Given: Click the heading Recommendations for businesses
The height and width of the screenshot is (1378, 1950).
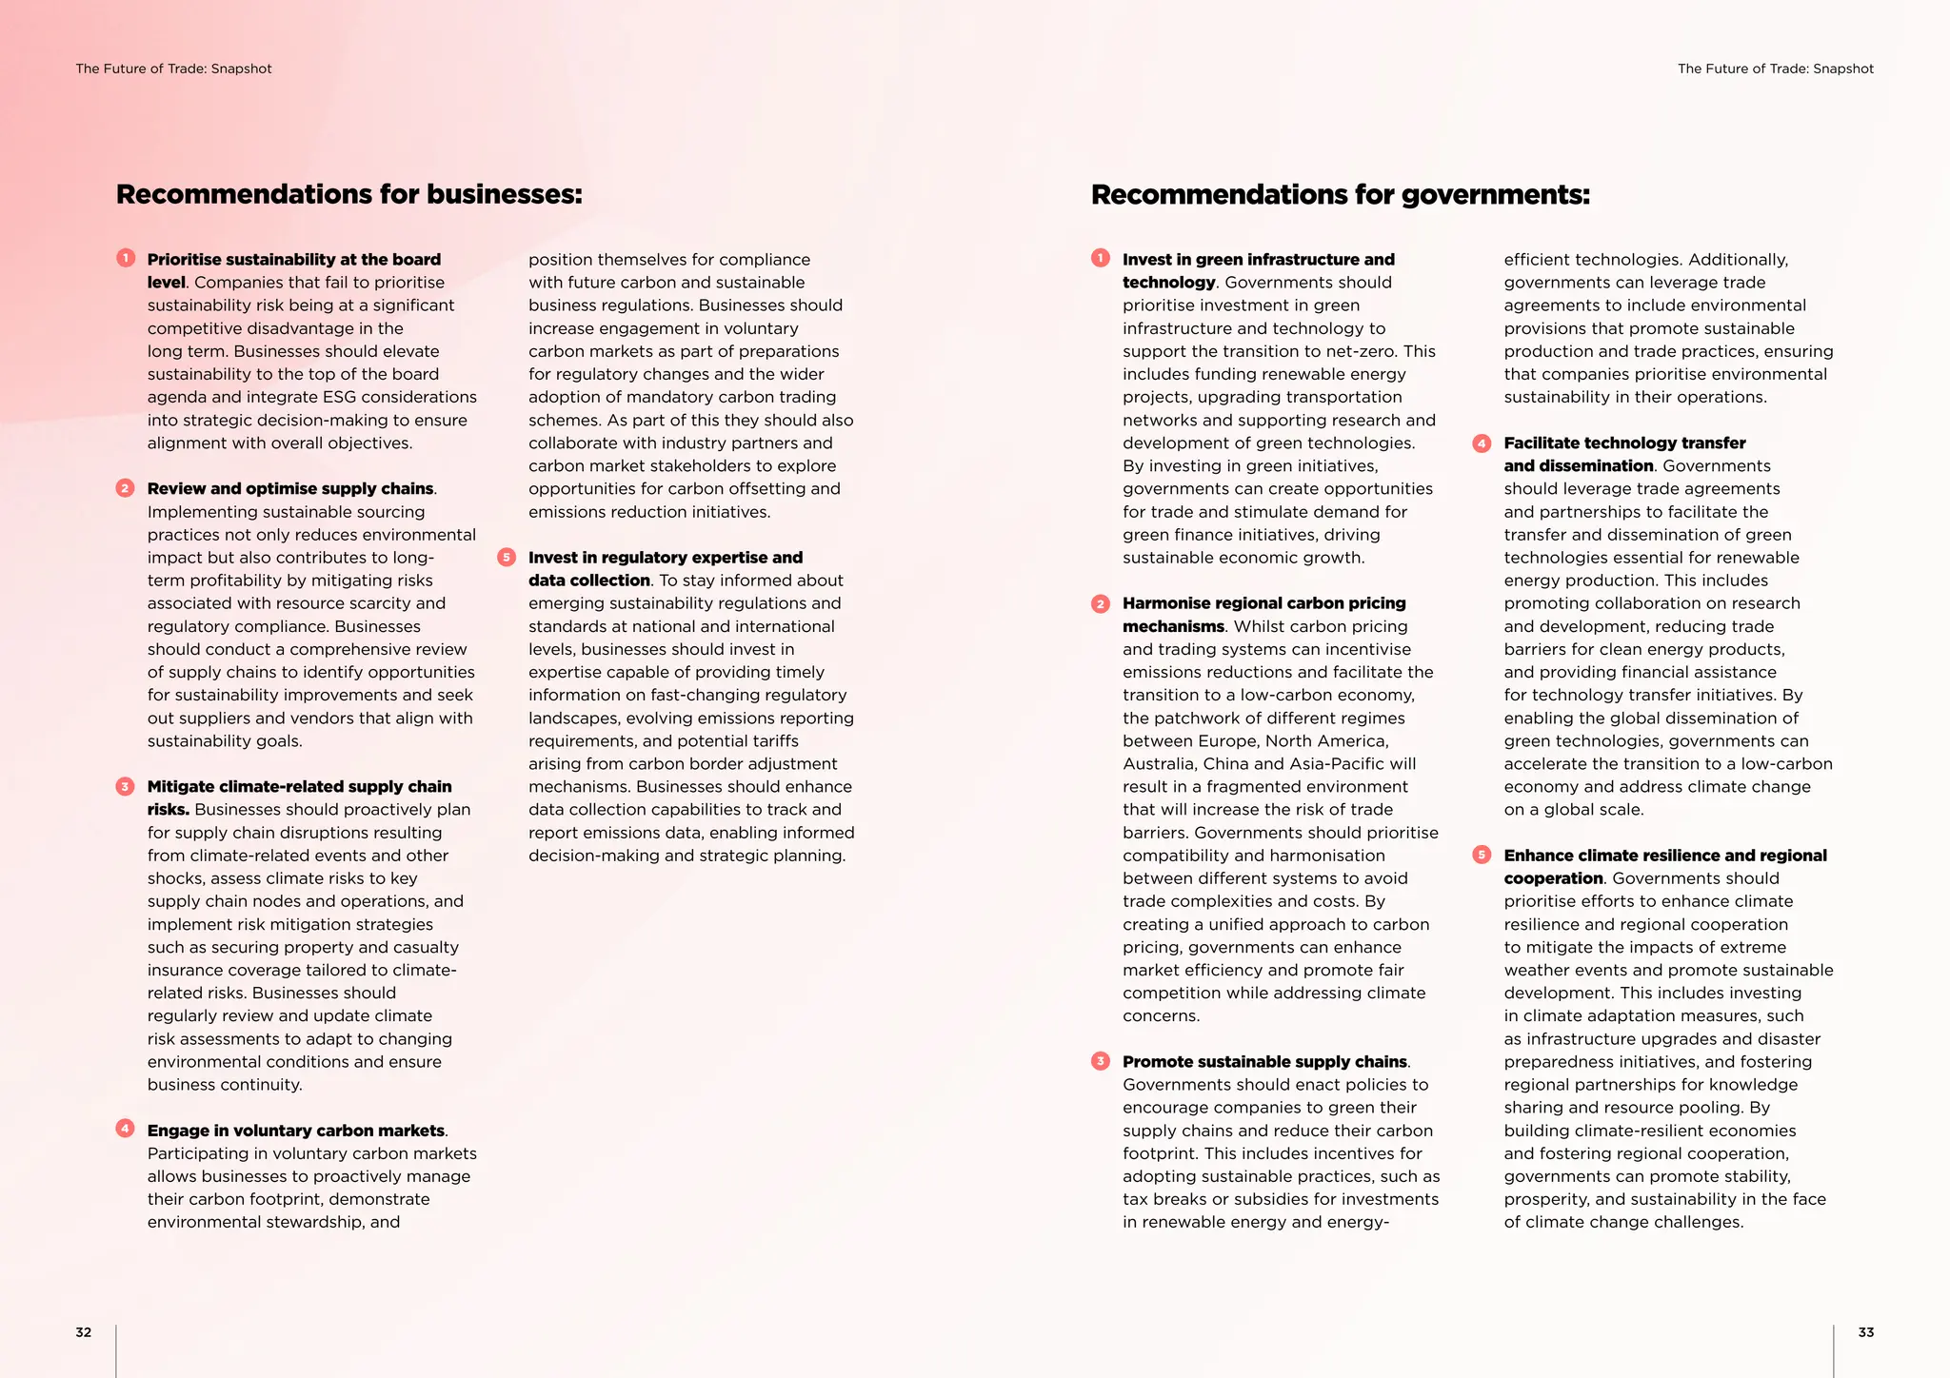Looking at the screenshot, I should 348,194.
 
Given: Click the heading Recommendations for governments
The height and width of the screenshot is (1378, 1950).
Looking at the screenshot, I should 1340,194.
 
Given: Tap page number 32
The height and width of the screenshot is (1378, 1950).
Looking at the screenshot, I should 84,1332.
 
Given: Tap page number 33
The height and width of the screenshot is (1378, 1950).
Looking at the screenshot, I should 1865,1332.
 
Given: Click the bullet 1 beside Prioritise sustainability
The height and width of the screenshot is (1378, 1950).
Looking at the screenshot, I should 126,258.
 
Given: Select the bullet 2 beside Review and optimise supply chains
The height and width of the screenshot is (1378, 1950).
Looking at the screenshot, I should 126,487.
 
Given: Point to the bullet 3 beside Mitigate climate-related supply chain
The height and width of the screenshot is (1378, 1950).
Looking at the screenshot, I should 126,786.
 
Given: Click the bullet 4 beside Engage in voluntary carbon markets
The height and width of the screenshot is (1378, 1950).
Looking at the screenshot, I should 126,1129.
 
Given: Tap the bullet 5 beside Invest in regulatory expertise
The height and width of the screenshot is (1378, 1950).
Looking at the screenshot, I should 507,557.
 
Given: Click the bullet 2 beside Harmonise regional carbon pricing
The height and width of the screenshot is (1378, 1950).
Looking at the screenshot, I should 1101,603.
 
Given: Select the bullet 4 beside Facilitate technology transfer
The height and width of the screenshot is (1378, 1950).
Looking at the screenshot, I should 1482,443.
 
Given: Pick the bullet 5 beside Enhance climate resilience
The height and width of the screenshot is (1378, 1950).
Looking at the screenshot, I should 1482,855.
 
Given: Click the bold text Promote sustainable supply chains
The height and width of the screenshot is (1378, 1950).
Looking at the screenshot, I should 1264,1061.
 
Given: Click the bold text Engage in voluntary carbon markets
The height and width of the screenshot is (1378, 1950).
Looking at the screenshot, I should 295,1131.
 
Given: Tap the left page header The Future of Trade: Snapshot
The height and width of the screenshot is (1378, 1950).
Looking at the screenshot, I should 173,69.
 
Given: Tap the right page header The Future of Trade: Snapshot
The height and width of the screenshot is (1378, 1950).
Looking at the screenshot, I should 1775,69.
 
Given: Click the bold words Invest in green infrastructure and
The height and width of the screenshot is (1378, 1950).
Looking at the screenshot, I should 1258,260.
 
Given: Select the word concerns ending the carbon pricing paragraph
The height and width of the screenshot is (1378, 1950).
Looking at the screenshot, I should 1160,1016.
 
